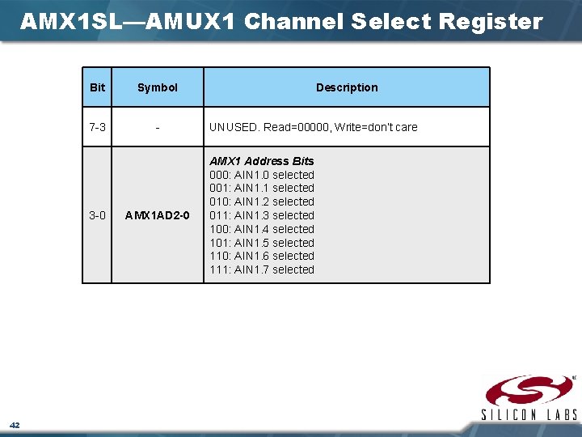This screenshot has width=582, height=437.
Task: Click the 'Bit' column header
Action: point(97,87)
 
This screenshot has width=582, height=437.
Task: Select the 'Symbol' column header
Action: point(158,87)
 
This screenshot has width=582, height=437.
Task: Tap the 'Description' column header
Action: point(347,87)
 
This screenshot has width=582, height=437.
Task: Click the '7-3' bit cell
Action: point(97,127)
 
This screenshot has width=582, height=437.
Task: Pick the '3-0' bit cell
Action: point(97,215)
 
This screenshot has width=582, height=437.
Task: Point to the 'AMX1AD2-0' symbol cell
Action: point(158,215)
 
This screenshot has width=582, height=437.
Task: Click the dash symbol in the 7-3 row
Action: point(158,127)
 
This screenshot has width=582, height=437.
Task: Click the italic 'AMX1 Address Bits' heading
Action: point(262,161)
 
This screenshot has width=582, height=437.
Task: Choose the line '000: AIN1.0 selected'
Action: point(262,175)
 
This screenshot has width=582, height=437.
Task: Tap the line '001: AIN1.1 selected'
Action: point(262,188)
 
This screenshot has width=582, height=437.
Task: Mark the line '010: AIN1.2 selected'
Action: point(262,202)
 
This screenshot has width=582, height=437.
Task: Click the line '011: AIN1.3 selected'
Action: point(262,215)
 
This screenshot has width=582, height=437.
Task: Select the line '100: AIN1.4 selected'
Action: point(262,229)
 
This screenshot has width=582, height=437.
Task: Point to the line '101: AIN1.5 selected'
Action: point(262,243)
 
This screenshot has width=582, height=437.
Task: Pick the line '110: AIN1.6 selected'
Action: point(262,256)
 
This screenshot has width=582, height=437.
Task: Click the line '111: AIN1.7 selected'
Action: point(262,269)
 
